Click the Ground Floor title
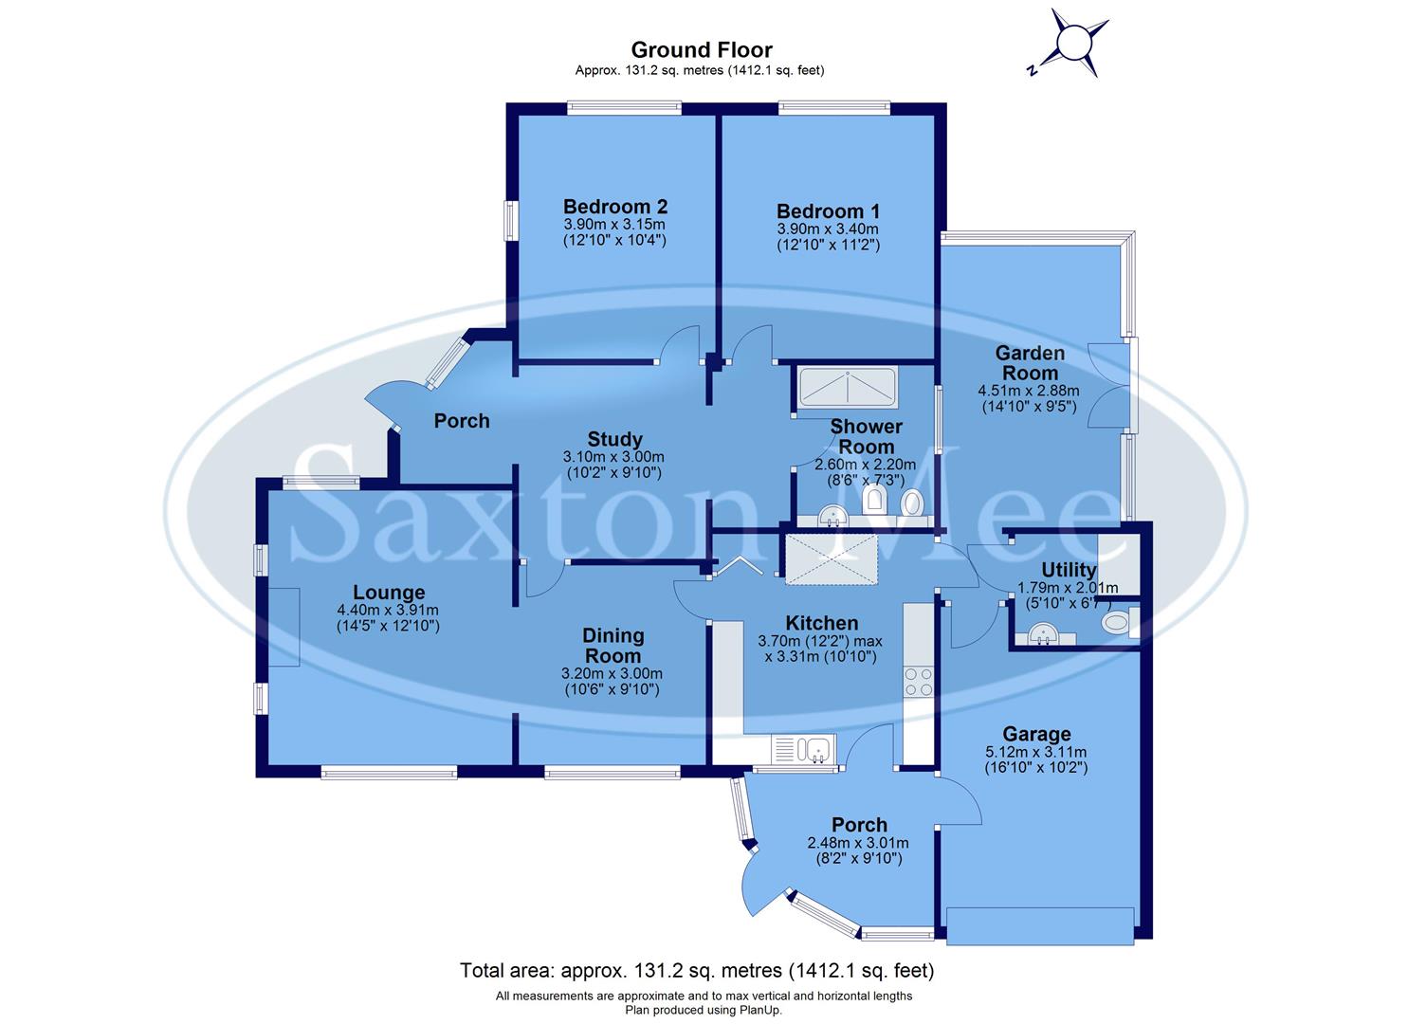(702, 49)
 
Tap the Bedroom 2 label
(615, 206)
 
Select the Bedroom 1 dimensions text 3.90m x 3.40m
(828, 229)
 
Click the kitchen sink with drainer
(803, 750)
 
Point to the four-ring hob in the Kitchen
(918, 682)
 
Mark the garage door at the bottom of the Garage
(1040, 924)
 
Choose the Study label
(614, 439)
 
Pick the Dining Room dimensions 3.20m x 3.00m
(612, 673)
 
